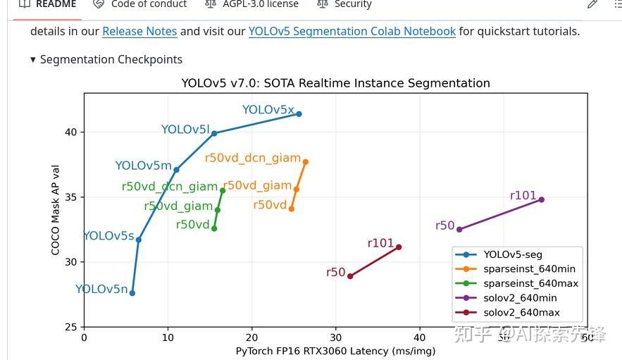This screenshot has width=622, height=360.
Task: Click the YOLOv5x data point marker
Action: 299,114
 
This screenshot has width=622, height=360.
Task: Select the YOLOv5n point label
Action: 101,289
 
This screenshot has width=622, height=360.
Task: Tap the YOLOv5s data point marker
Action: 139,240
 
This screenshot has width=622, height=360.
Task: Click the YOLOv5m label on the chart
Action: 143,166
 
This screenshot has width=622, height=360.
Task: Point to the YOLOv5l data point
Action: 214,133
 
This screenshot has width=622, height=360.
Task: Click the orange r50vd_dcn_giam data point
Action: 305,162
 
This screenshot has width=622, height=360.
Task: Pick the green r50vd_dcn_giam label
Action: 169,187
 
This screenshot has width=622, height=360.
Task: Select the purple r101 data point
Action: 541,199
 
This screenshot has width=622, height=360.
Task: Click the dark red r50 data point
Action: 350,276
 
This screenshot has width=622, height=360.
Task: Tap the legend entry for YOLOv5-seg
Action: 513,254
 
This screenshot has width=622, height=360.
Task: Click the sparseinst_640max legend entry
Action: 530,283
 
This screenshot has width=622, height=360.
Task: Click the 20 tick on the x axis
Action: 251,337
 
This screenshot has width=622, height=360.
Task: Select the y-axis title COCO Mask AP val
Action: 56,210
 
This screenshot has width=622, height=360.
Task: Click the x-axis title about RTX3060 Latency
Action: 335,351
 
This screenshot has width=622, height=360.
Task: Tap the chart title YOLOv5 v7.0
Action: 335,83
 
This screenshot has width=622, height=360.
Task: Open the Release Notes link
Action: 139,32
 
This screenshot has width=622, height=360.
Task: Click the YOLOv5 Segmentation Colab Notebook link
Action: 352,32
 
